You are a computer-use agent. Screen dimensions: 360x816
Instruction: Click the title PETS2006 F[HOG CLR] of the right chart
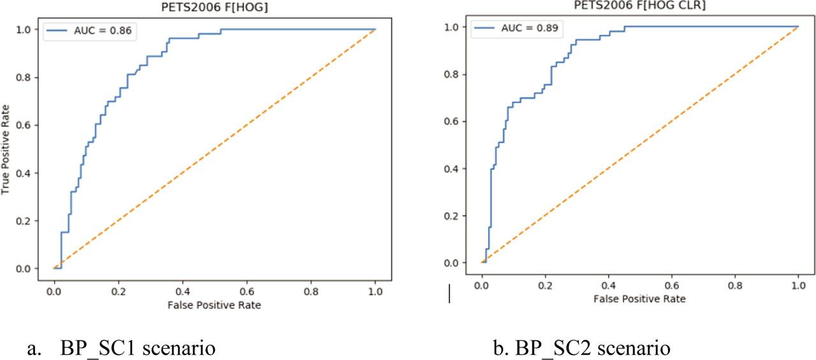[623, 4]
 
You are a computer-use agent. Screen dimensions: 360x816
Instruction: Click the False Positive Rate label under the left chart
[215, 305]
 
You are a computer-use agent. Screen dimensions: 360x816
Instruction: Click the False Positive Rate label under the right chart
[639, 298]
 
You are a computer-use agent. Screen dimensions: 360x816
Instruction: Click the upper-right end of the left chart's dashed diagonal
[375, 29]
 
